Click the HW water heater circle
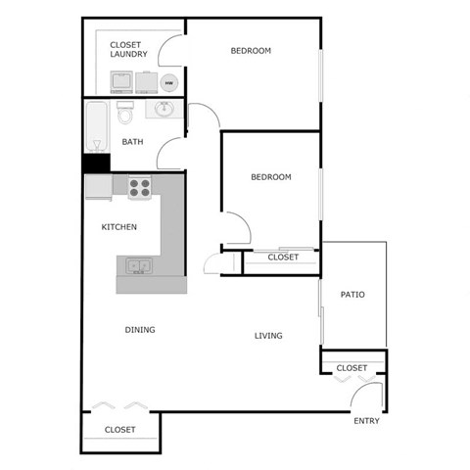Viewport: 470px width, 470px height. pyautogui.click(x=168, y=83)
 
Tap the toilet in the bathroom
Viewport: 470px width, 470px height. pyautogui.click(x=124, y=115)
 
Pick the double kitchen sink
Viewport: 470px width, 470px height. pyautogui.click(x=137, y=264)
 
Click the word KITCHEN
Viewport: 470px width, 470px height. pyautogui.click(x=119, y=227)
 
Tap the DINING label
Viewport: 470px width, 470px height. pyautogui.click(x=140, y=330)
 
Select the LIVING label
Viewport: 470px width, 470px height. pyautogui.click(x=268, y=336)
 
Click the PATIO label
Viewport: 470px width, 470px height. pyautogui.click(x=352, y=294)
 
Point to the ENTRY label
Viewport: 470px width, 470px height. pyautogui.click(x=365, y=421)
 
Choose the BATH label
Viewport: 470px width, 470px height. pyautogui.click(x=132, y=142)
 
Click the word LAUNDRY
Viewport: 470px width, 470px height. pyautogui.click(x=128, y=55)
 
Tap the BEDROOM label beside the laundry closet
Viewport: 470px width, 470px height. pyautogui.click(x=251, y=51)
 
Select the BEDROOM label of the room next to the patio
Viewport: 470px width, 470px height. pyautogui.click(x=271, y=177)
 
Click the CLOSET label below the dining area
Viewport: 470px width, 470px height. pyautogui.click(x=119, y=430)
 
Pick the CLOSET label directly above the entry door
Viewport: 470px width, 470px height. pyautogui.click(x=352, y=368)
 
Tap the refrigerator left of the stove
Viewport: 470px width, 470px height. pyautogui.click(x=98, y=185)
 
